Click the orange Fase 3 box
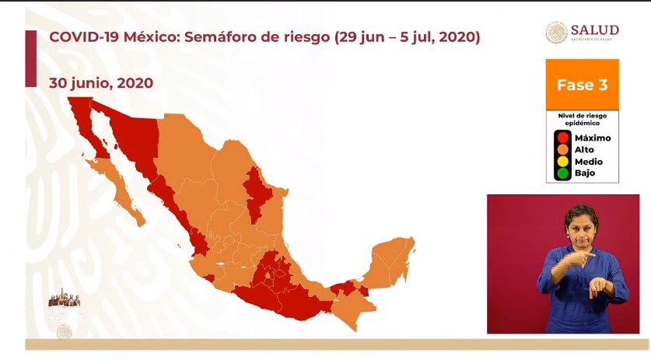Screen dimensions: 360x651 582,84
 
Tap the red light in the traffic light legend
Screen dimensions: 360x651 561,138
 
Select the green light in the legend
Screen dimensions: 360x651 561,173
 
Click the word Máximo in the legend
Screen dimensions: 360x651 593,138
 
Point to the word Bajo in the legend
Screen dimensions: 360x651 585,173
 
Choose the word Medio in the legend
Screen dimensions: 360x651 589,161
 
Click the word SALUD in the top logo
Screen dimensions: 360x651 595,28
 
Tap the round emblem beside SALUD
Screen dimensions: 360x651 556,32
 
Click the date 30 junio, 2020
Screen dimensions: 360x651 100,82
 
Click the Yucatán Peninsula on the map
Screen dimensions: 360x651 393,260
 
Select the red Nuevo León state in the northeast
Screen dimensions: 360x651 256,194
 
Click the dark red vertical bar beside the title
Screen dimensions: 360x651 30,58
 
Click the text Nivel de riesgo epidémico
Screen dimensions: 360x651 582,117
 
